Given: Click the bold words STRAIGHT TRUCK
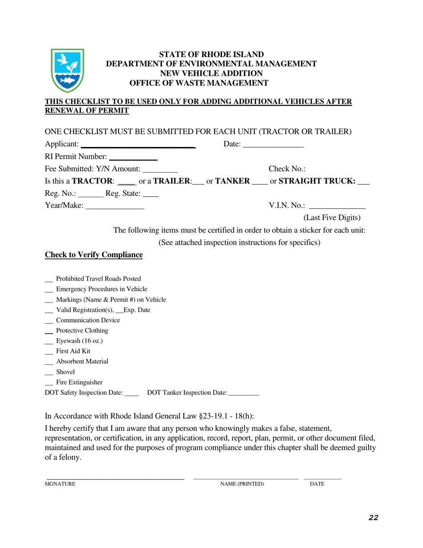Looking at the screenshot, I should coord(317,181).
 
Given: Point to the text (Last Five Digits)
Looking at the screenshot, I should coord(332,218).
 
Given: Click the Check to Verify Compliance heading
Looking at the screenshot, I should coord(94,255).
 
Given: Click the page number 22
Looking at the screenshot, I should coord(373,517).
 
